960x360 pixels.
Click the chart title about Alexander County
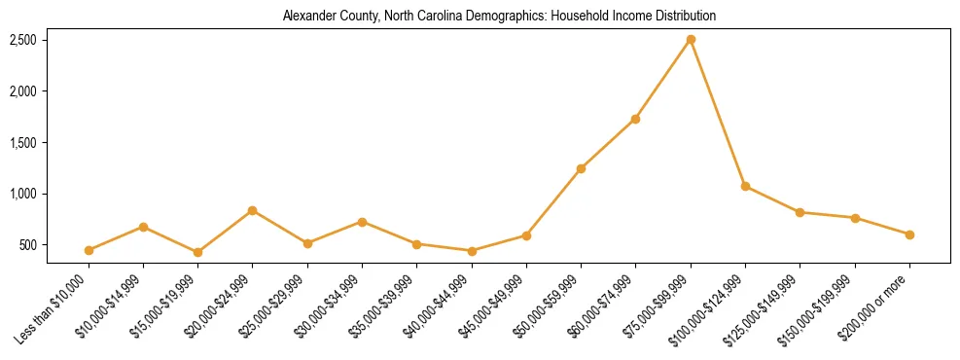(498, 17)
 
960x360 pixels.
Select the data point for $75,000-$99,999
(691, 40)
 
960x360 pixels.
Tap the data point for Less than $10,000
(89, 250)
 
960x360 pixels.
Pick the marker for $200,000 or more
(909, 234)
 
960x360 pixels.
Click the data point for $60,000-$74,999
(635, 119)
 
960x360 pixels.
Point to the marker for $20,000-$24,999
(253, 210)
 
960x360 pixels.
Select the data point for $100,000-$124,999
(745, 186)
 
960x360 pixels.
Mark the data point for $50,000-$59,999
(581, 168)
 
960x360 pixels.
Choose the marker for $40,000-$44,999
(472, 251)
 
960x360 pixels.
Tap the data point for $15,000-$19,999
(197, 252)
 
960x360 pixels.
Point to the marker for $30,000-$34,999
(362, 222)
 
